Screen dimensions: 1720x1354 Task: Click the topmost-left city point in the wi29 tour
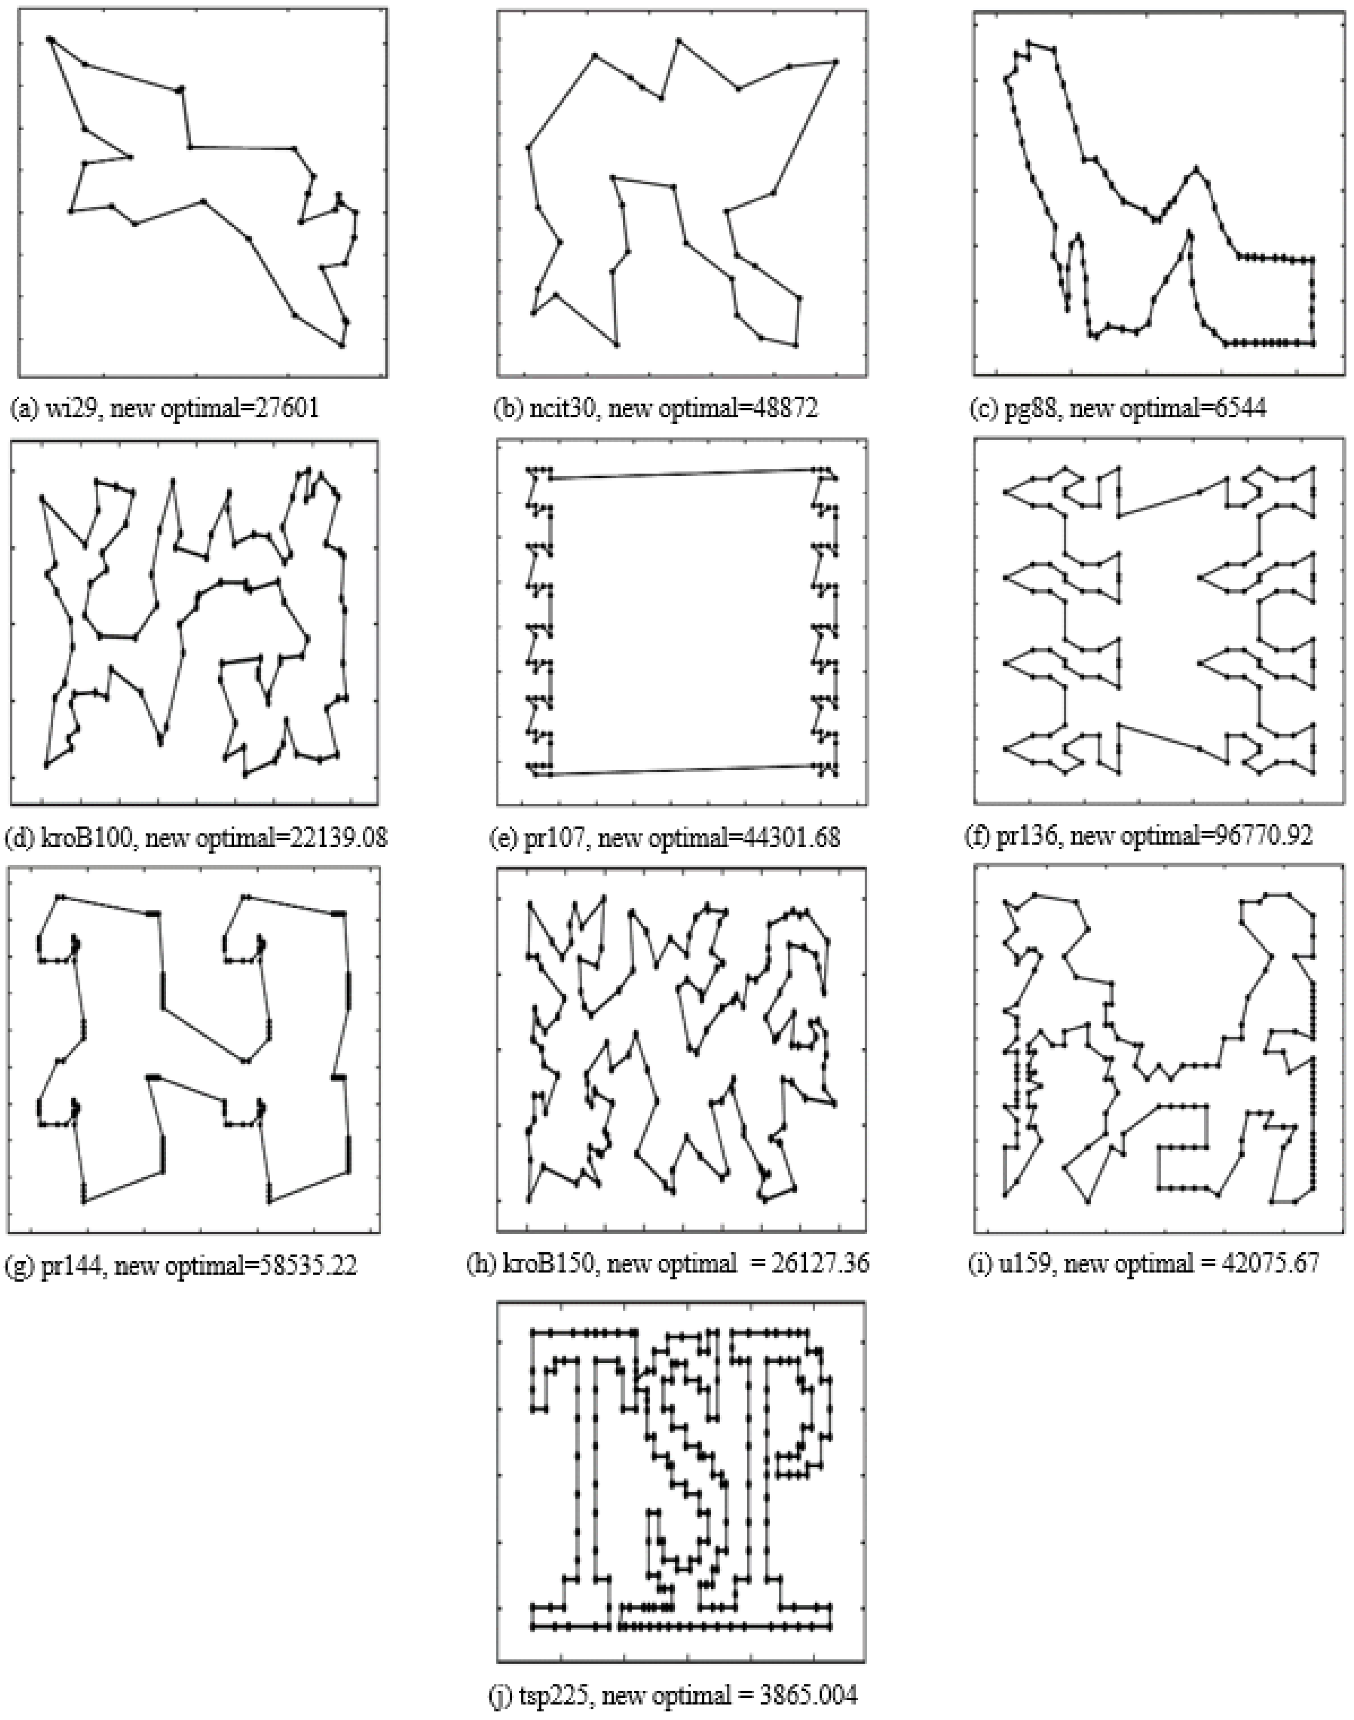pos(49,38)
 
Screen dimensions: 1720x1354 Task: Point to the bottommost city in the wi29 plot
pos(342,345)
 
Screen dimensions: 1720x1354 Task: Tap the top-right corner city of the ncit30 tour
pos(836,61)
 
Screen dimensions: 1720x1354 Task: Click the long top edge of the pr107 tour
pos(682,474)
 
